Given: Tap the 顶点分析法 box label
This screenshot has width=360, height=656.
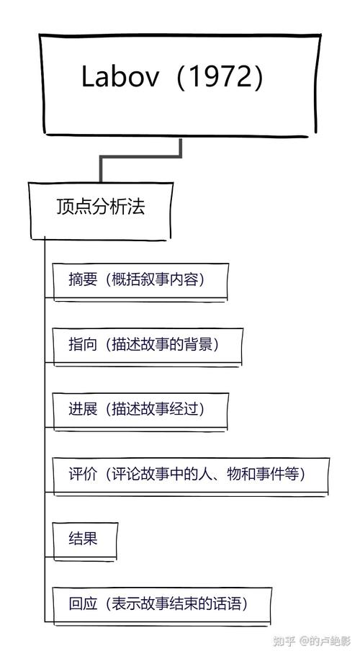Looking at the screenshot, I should click(x=100, y=207).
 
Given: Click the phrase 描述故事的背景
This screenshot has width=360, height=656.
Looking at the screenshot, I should click(x=165, y=345).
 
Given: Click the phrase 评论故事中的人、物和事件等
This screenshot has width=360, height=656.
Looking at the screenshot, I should click(x=205, y=475).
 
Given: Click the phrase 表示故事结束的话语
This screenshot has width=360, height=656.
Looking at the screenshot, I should click(x=177, y=604).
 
